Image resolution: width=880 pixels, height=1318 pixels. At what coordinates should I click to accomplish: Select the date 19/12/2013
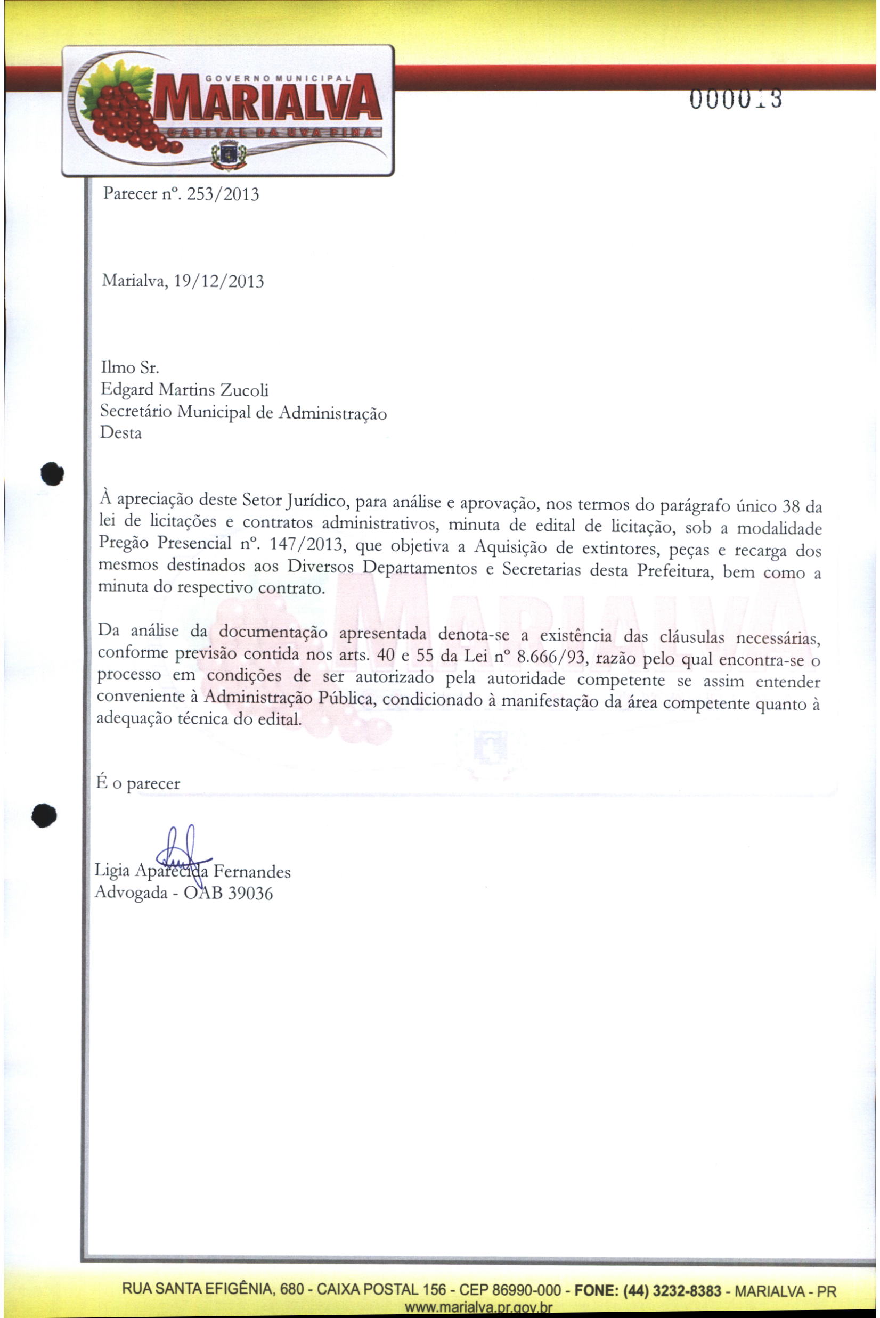pyautogui.click(x=219, y=281)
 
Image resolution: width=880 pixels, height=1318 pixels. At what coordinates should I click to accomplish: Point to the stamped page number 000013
pyautogui.click(x=736, y=100)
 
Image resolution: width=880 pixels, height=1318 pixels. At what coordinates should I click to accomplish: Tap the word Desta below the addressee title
pyautogui.click(x=121, y=433)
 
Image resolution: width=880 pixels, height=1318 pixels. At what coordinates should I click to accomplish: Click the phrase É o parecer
pyautogui.click(x=138, y=783)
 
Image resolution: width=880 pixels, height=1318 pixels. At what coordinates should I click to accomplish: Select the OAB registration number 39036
pyautogui.click(x=251, y=893)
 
